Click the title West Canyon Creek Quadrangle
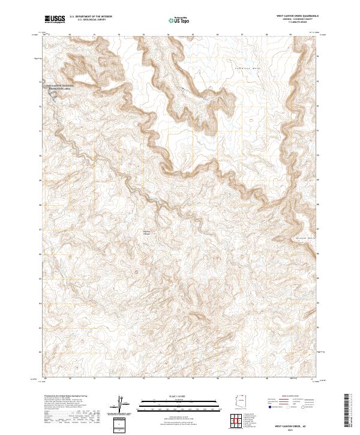[x=294, y=16]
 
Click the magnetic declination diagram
[x=122, y=406]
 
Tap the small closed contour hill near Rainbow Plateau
[x=139, y=271]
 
